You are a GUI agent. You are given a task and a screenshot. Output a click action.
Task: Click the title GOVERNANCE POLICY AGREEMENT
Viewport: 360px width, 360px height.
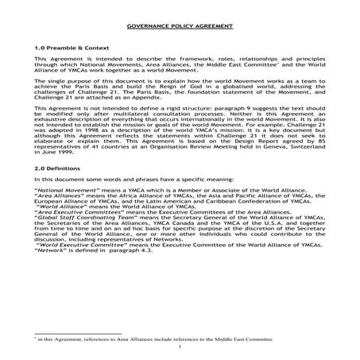click(180, 26)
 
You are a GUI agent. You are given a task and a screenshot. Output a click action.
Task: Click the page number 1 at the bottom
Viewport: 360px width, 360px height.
click(180, 346)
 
